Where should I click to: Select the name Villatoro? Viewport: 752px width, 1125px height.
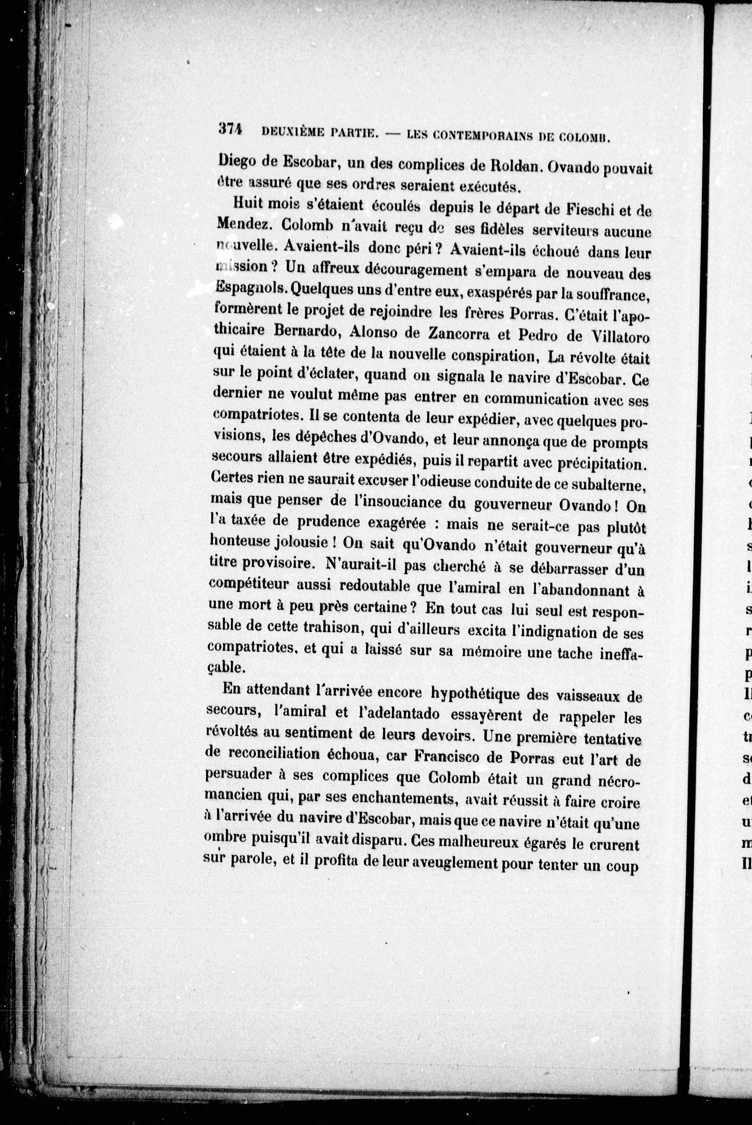tap(618, 338)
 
